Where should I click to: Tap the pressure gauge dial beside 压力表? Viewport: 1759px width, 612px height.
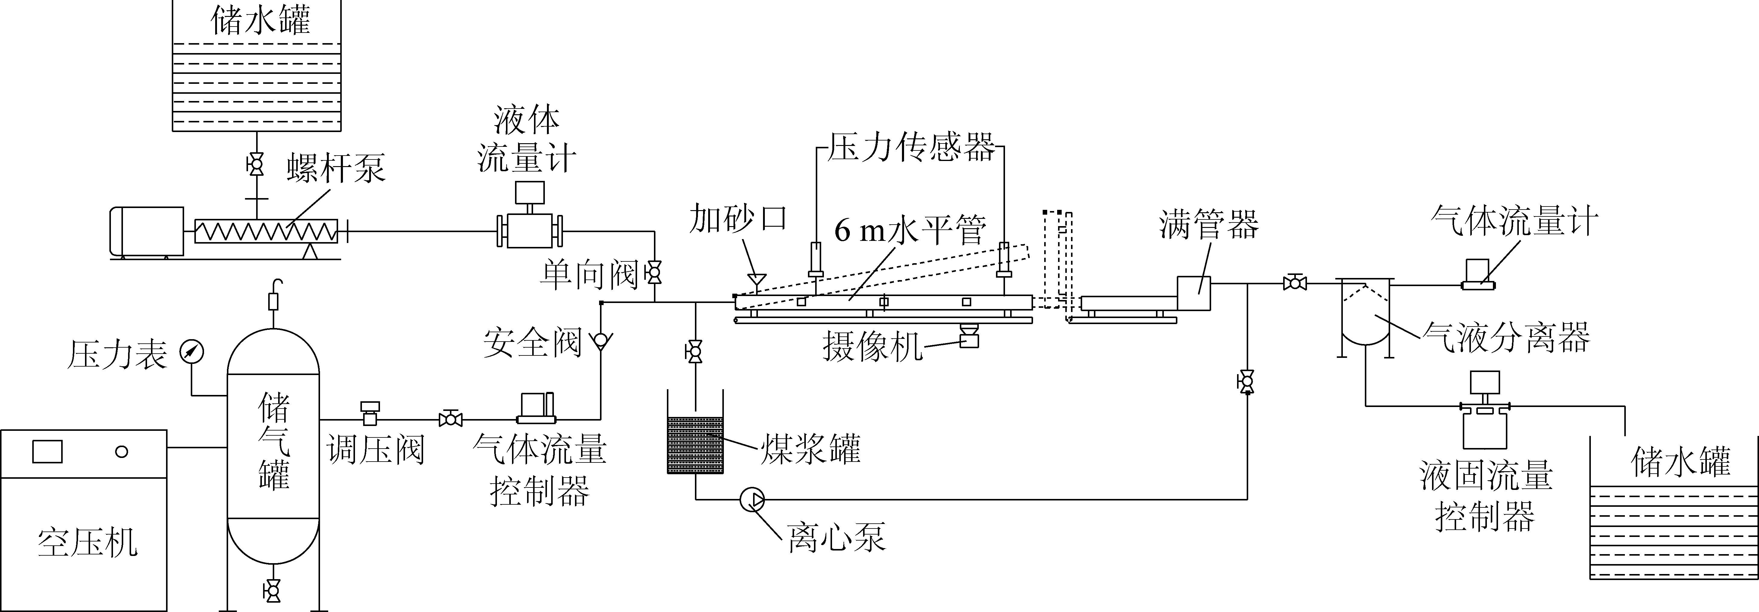[192, 352]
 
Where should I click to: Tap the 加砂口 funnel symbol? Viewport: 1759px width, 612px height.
[756, 279]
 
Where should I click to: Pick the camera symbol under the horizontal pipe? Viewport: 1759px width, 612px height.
[968, 337]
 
